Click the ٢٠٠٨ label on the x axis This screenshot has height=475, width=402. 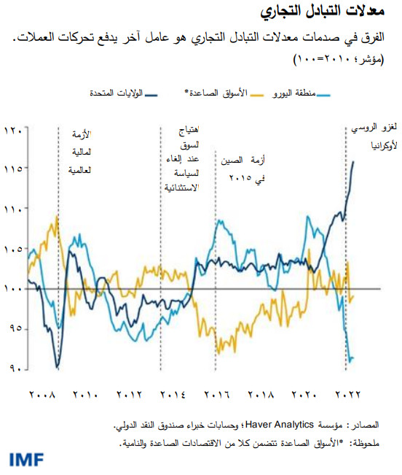click(x=42, y=395)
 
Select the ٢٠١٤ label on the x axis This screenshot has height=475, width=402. click(x=172, y=395)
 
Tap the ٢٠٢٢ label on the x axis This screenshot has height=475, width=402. click(x=347, y=395)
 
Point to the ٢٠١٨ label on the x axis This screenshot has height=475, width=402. click(x=260, y=395)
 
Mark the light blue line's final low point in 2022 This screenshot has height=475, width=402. click(x=351, y=360)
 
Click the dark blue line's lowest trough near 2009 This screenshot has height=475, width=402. click(x=57, y=365)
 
